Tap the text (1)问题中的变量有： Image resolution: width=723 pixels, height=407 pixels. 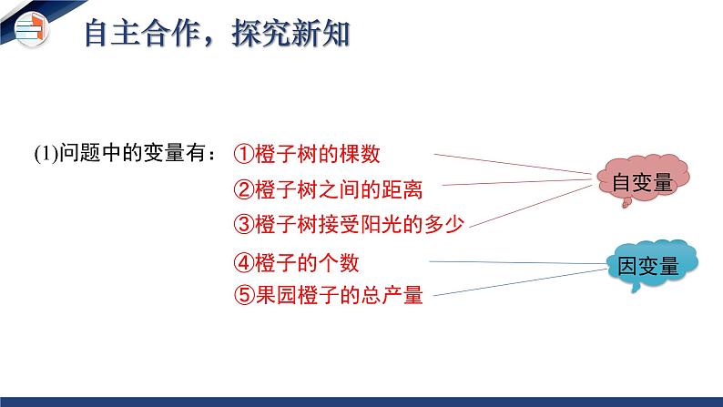tap(125, 154)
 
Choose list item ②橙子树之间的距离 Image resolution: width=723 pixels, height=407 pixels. tap(328, 189)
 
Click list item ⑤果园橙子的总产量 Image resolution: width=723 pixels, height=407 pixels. tap(328, 295)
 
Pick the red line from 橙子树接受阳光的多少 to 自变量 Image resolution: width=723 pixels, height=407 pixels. tap(537, 204)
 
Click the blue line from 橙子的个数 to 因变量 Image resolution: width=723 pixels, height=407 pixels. tap(519, 263)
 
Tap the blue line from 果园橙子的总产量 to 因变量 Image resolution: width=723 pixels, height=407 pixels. tap(519, 280)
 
